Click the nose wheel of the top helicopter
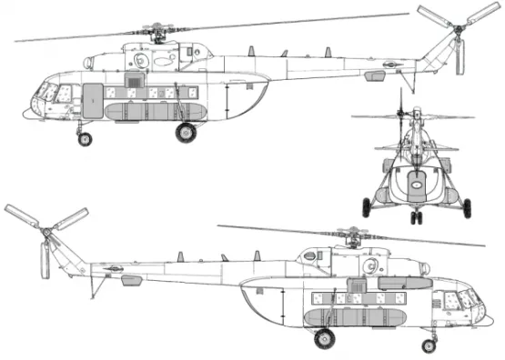pos(86,139)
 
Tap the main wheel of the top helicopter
pos(187,132)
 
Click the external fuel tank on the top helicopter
pos(146,111)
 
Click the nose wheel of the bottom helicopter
pos(429,345)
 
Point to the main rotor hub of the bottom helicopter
pos(348,238)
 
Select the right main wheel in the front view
pos(470,206)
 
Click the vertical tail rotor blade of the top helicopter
pos(460,57)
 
